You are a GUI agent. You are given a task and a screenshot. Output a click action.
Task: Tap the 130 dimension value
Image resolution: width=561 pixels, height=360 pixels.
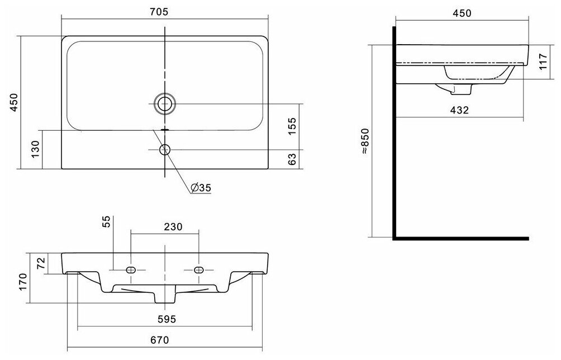click(x=35, y=150)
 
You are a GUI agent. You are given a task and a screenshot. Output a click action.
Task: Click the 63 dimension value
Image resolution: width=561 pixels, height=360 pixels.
click(x=291, y=159)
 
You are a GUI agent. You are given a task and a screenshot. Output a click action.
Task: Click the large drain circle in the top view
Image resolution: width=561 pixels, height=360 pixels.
click(x=164, y=103)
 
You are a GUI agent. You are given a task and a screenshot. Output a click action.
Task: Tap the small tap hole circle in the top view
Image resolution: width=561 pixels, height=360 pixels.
click(x=164, y=149)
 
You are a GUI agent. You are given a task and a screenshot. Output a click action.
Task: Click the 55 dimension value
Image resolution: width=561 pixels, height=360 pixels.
click(x=106, y=222)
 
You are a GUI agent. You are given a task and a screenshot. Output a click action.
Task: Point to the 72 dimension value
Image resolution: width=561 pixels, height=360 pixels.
click(x=40, y=263)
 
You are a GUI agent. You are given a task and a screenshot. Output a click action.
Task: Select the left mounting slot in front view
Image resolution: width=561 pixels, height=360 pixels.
click(x=131, y=270)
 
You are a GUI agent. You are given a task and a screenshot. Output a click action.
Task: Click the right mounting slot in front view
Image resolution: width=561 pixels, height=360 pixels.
click(x=198, y=270)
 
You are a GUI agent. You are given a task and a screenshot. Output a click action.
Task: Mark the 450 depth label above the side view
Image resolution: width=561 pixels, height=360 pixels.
click(x=462, y=13)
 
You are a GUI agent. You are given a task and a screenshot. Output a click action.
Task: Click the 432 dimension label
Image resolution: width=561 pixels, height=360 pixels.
click(x=459, y=110)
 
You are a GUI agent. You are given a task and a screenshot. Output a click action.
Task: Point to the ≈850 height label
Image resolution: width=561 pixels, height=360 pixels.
click(x=364, y=141)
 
